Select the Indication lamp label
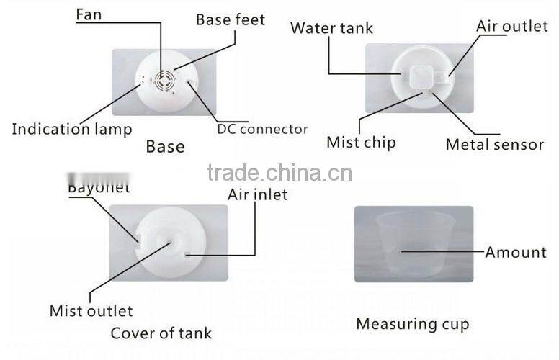tap(72, 130)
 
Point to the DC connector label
tap(262, 130)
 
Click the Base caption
tap(165, 147)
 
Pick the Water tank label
tap(332, 29)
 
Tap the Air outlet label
tap(512, 27)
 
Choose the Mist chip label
tap(361, 142)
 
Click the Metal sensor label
tap(494, 145)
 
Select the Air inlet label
tap(257, 194)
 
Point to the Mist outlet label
tap(91, 311)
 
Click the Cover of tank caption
tap(161, 333)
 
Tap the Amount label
tap(516, 252)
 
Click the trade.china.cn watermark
tap(279, 173)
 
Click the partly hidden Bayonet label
tap(99, 189)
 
